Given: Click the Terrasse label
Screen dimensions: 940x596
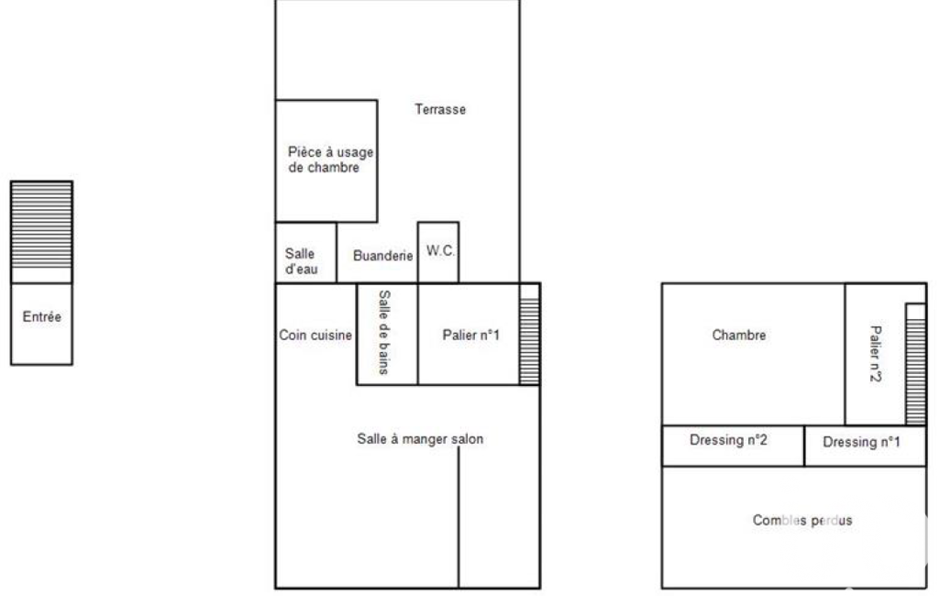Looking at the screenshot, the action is (x=440, y=109).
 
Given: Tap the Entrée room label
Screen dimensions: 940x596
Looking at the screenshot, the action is (x=42, y=316).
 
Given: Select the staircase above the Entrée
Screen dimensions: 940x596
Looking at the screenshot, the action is (x=41, y=225).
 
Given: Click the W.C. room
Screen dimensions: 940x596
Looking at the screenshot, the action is (x=438, y=252).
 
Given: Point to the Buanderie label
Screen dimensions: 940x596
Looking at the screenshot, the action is (x=383, y=256).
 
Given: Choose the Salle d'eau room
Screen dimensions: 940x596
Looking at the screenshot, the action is (x=305, y=252).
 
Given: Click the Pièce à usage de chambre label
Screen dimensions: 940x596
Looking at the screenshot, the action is (x=330, y=160).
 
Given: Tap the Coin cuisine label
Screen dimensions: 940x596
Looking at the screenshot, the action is (x=315, y=336).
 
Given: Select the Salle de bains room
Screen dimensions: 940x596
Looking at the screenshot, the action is (x=387, y=334).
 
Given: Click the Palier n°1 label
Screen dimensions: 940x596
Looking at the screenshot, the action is (x=470, y=336).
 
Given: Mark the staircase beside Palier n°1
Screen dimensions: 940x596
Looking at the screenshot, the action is (x=529, y=341).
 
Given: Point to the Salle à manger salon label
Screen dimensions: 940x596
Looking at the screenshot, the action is (x=420, y=439).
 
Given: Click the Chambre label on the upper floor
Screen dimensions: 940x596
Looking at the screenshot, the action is (x=738, y=336).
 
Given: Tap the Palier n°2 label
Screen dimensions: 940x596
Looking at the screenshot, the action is (x=876, y=354).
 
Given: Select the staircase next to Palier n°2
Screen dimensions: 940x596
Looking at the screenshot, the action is (x=915, y=371).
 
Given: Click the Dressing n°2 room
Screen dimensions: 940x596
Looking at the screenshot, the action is (x=733, y=446).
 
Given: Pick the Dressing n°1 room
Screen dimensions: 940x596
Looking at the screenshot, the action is (x=865, y=446).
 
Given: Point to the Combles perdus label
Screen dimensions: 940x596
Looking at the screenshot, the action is (x=802, y=521).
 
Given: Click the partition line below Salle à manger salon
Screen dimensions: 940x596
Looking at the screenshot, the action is (x=459, y=517).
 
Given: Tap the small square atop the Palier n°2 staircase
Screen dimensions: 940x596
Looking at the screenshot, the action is (x=915, y=312).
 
